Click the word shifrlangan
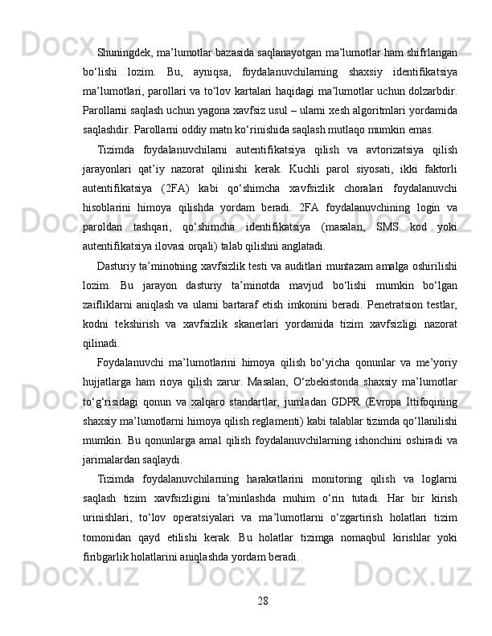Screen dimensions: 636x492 tap(433, 52)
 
